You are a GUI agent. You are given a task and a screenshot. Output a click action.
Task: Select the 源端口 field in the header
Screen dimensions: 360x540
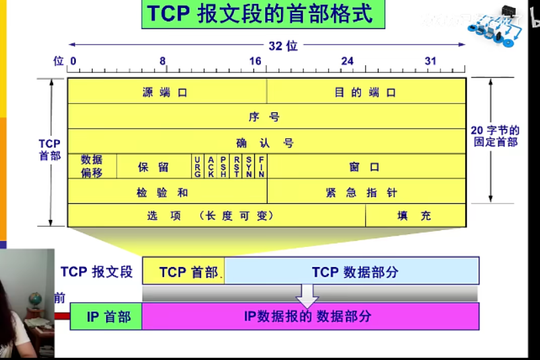[166, 92]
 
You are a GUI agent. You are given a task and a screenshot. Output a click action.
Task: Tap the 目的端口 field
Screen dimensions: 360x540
[366, 92]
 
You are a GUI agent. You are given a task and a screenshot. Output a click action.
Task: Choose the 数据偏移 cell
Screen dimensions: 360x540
[92, 166]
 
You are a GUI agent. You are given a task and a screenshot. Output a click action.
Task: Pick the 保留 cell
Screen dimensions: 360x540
[154, 167]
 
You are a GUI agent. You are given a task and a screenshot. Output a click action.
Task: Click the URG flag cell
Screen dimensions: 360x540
[197, 166]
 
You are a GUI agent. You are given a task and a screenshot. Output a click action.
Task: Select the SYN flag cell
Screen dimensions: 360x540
[249, 166]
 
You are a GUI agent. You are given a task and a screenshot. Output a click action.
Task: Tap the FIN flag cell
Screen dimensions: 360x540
[261, 166]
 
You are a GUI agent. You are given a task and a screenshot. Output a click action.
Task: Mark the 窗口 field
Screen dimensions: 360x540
[366, 167]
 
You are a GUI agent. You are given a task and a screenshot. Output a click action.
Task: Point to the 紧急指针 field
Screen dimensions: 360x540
[366, 192]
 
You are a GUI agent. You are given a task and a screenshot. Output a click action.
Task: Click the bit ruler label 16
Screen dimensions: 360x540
[255, 61]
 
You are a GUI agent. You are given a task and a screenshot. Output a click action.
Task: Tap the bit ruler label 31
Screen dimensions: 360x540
[430, 61]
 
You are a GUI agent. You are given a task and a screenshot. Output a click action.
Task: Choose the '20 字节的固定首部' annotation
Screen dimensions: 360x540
[495, 136]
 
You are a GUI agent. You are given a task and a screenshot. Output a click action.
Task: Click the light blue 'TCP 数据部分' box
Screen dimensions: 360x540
[352, 272]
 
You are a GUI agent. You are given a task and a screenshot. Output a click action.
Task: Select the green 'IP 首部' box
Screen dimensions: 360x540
[106, 316]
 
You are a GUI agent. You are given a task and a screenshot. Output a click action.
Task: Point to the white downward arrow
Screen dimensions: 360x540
[307, 294]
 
